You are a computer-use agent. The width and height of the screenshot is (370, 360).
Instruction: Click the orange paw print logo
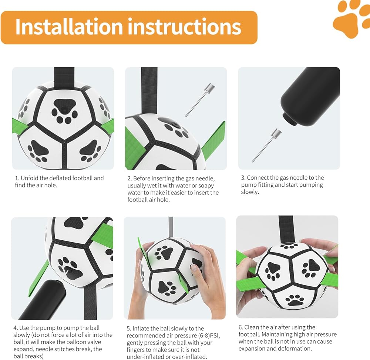point(351,18)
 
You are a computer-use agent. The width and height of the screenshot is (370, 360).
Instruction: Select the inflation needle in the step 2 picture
point(200,100)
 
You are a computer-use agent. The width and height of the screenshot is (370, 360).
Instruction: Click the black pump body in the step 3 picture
point(310,96)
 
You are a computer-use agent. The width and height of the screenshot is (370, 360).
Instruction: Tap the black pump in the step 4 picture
point(42,300)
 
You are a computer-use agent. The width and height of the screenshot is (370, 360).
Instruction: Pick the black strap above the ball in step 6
point(286,229)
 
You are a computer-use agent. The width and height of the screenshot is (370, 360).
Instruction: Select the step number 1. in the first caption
point(17,178)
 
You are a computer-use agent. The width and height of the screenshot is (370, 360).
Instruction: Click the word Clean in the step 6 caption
point(252,327)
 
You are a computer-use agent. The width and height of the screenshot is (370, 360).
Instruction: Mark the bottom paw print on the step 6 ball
point(295,300)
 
